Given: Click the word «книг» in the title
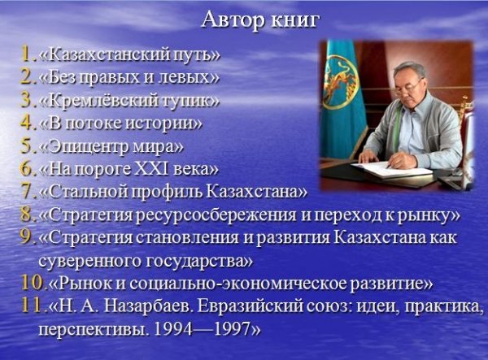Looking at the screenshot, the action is pos(295,21).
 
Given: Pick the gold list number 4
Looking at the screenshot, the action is pos(27,123).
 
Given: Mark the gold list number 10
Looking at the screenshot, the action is pos(33,284).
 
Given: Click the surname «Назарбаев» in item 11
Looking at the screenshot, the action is pos(147,306).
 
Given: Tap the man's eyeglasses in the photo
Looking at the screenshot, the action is pos(408,87).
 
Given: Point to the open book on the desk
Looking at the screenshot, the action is pos(390,169).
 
